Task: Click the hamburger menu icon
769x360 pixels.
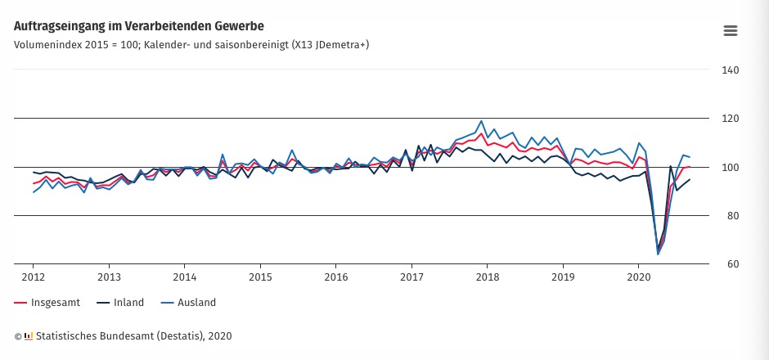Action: tap(731, 30)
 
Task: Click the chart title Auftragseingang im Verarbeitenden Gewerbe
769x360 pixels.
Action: tap(139, 27)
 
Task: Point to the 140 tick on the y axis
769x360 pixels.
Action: tap(730, 70)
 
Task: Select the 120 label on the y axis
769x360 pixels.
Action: tap(730, 119)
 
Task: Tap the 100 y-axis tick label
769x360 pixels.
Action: tap(730, 167)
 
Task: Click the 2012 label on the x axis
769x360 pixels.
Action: tap(33, 277)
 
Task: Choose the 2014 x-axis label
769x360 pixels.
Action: tap(184, 277)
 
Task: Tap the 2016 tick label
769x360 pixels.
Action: tap(335, 277)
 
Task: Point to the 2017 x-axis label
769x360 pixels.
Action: tap(411, 277)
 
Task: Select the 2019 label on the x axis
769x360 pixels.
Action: tap(563, 277)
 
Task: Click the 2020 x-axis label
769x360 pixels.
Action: tap(638, 277)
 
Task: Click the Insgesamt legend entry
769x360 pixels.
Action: tap(55, 303)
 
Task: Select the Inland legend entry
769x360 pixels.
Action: tap(127, 303)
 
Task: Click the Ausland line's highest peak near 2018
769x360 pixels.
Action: tap(481, 121)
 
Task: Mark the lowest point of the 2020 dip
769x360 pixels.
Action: tap(658, 254)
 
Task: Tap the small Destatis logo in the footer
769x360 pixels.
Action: tap(29, 335)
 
